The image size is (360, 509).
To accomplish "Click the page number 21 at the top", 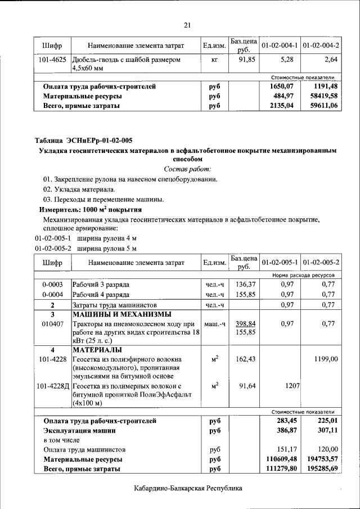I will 188,24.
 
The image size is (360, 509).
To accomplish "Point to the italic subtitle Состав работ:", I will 187,169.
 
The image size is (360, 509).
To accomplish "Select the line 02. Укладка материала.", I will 79,189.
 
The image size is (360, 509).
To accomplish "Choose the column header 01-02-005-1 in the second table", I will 280,263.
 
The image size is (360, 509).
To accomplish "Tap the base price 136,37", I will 246,284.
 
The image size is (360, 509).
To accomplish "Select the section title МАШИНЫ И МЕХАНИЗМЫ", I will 122,314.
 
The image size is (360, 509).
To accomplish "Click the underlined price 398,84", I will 246,324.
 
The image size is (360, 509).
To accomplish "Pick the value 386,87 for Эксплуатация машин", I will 283,430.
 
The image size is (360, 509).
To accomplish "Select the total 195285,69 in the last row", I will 321,469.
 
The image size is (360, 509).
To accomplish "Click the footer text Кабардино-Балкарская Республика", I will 188,488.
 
